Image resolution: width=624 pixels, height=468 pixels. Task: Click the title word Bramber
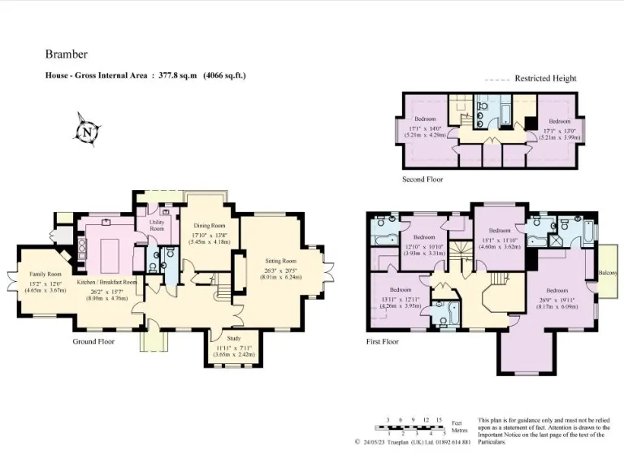click(63, 55)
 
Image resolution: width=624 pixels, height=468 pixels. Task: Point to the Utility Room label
click(157, 225)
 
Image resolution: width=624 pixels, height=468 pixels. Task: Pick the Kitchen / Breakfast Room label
click(106, 282)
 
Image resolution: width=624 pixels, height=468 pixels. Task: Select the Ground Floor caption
click(93, 342)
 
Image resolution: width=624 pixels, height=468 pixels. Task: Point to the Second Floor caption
click(423, 180)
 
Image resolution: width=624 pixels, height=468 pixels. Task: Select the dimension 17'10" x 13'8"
click(209, 237)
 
